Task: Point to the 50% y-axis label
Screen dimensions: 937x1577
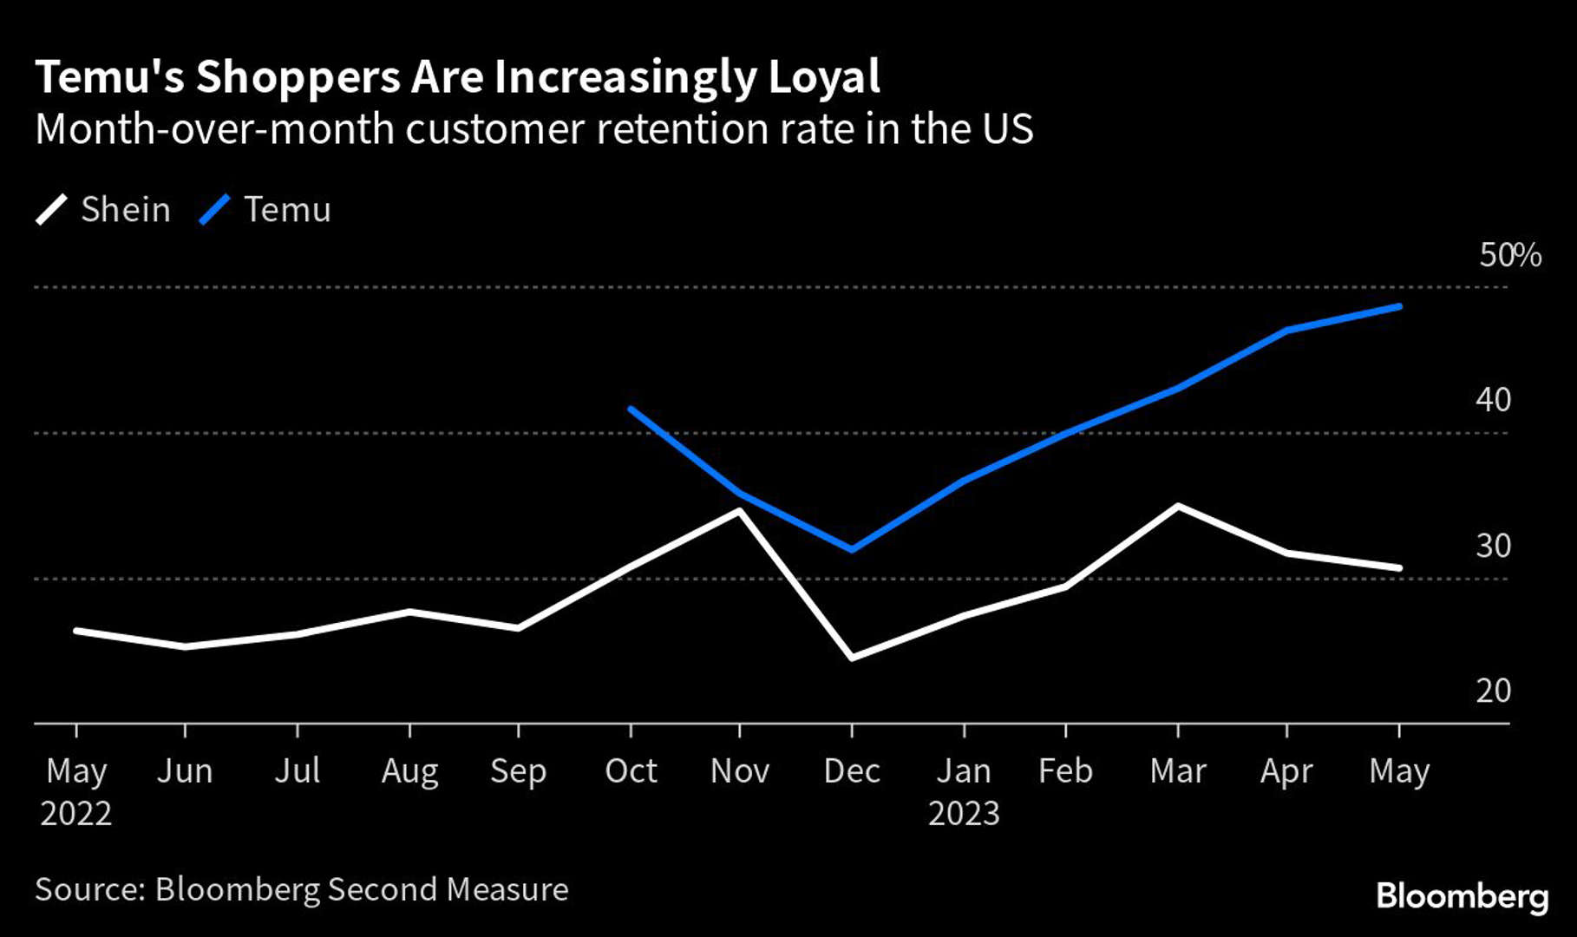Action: point(1509,255)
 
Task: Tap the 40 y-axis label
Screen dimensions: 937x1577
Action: point(1493,400)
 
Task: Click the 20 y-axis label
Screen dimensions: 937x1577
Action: point(1493,691)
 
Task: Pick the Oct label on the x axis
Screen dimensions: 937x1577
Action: point(631,771)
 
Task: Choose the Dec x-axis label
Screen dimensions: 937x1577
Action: point(852,771)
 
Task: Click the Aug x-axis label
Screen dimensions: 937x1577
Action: point(409,771)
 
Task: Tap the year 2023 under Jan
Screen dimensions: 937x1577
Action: point(964,814)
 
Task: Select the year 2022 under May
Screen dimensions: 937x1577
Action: point(76,814)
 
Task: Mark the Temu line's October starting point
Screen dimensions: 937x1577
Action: point(631,409)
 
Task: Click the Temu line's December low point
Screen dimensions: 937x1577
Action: point(852,549)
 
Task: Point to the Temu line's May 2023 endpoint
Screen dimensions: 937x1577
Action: point(1398,306)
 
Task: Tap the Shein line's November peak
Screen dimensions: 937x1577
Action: point(739,510)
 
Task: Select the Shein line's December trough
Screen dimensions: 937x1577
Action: point(852,658)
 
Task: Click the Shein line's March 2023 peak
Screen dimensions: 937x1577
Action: point(1177,506)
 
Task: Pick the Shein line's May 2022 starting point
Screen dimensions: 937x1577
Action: point(76,631)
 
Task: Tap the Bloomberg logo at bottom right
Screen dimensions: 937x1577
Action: point(1462,896)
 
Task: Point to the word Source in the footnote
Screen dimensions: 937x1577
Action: point(89,890)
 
